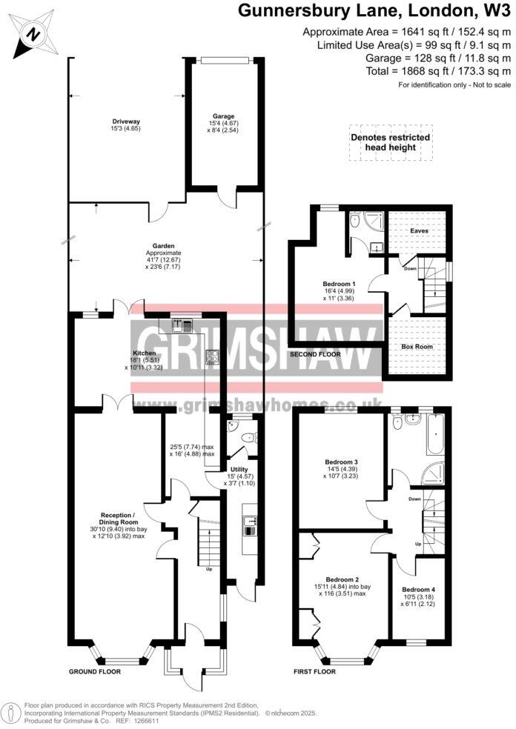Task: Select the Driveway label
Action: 126,121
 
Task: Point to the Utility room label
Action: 239,470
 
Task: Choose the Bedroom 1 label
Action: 339,284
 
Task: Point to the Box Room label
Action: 417,346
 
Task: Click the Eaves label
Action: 419,230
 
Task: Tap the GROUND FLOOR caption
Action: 95,672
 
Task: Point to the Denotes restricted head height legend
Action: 390,142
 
